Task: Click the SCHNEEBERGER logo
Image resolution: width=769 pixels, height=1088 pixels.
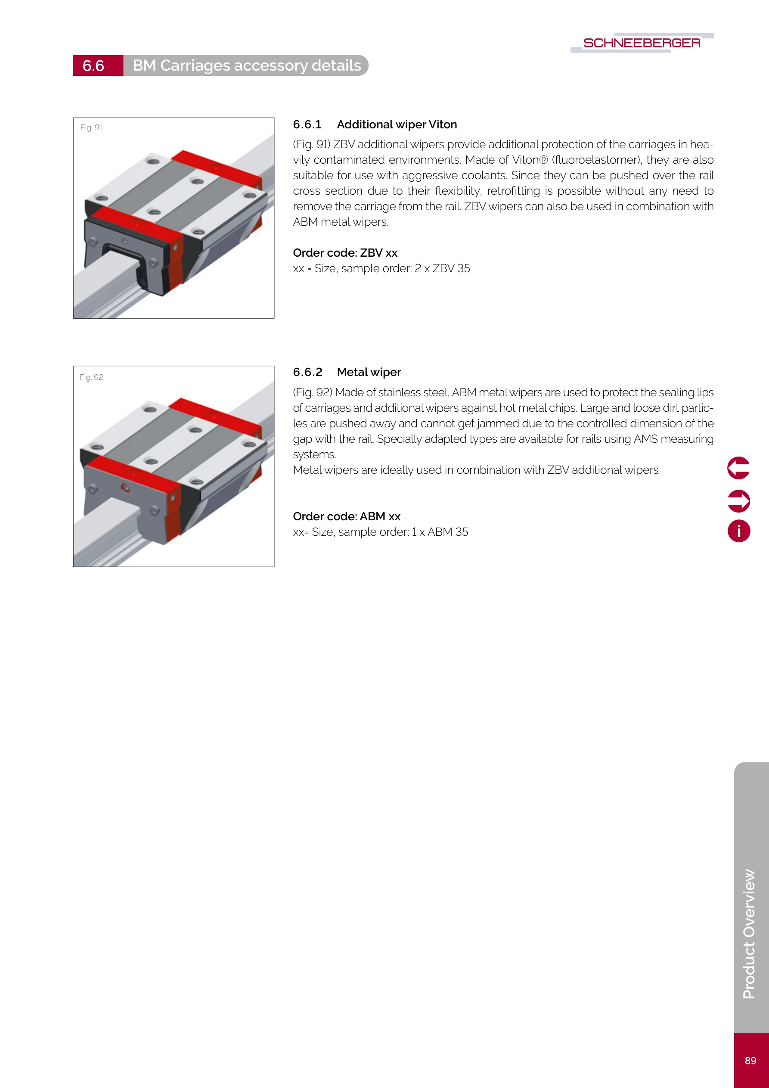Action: tap(642, 43)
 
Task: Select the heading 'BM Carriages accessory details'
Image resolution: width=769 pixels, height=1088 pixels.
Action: tap(246, 65)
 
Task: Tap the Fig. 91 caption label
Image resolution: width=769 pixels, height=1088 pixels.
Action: tap(91, 127)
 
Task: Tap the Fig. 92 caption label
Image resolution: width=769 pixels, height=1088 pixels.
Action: tap(91, 377)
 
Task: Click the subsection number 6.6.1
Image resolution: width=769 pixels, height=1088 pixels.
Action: tap(307, 124)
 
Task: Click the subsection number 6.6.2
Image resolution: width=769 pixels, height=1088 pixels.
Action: tap(307, 372)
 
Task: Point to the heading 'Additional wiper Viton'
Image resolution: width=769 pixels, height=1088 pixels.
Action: tap(397, 124)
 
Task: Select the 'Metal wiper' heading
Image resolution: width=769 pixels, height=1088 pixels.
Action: tap(369, 372)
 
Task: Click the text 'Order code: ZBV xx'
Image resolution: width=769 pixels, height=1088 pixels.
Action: tap(345, 252)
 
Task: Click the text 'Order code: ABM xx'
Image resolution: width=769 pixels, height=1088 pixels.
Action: tap(346, 516)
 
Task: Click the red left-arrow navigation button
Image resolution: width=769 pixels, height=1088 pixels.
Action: tap(738, 468)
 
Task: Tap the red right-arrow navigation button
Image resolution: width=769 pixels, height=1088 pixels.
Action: tap(738, 501)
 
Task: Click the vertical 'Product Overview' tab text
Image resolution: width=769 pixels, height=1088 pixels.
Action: tap(749, 933)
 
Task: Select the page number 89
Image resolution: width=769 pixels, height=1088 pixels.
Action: tap(750, 1060)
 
